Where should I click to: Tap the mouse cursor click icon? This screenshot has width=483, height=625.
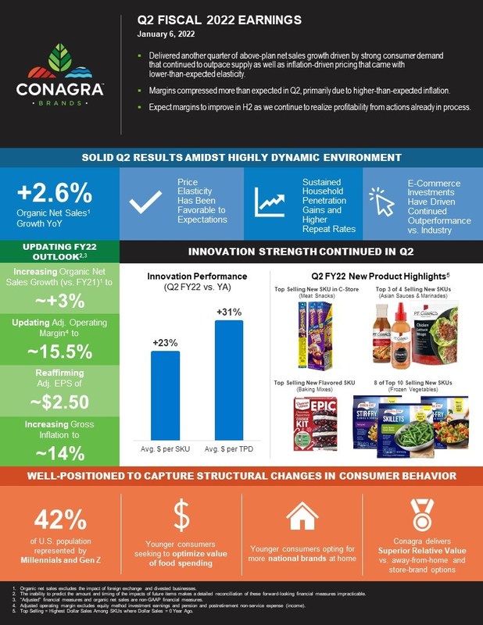383,202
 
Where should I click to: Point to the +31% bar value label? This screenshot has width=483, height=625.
229,312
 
